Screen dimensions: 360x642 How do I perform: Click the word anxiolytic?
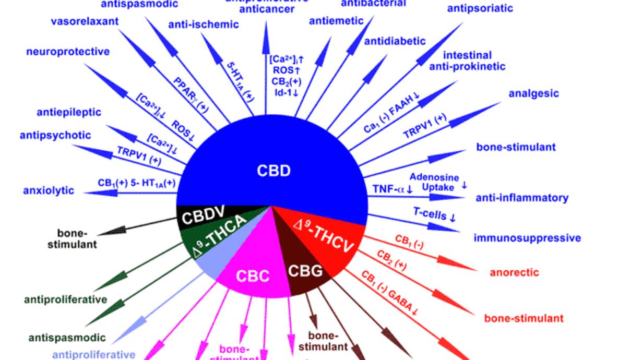tap(49, 190)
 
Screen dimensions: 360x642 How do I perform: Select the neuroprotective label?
tap(68, 52)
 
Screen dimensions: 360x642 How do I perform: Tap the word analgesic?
tap(533, 93)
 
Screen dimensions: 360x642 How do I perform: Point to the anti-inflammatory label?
tap(521, 198)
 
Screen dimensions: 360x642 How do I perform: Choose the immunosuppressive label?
tap(527, 238)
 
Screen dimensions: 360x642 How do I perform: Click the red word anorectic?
tap(514, 272)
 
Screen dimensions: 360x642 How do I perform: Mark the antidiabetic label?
tap(395, 41)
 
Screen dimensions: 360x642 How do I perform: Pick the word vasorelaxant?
tap(85, 21)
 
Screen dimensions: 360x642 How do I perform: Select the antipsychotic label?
tap(55, 135)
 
